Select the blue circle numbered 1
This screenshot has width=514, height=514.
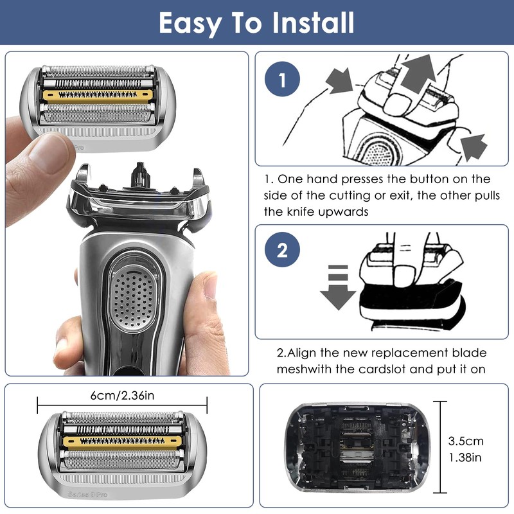283,82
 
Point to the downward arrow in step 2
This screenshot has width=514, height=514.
337,286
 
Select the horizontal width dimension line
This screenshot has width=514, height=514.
122,405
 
